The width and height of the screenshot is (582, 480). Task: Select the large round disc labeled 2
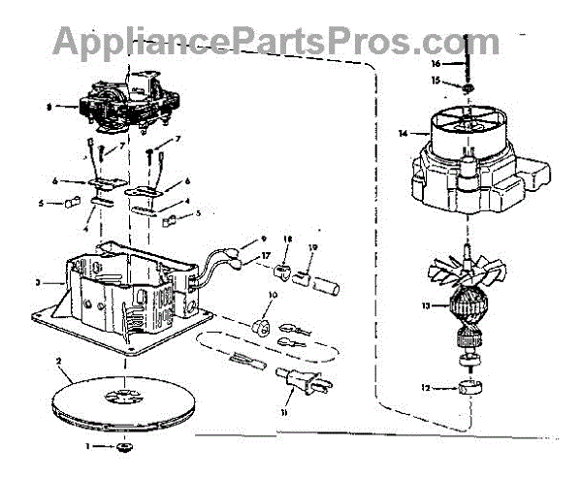[127, 399]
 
